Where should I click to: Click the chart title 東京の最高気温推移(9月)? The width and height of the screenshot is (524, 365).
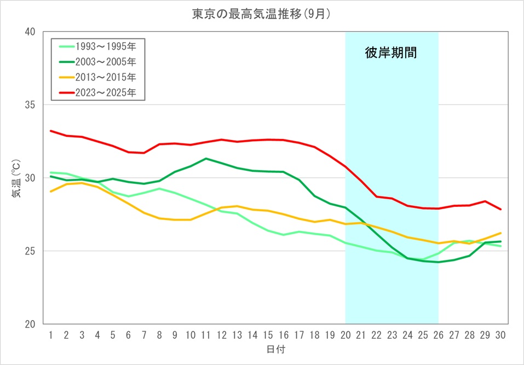[262, 15]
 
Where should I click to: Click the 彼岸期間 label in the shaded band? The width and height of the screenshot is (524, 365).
[391, 53]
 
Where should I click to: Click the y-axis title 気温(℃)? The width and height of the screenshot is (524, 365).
[17, 177]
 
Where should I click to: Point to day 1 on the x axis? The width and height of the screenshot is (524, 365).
[50, 334]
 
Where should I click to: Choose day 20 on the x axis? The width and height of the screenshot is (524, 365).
[346, 334]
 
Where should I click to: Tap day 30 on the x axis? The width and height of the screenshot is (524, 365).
[500, 334]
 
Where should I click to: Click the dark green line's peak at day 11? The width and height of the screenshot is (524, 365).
[205, 159]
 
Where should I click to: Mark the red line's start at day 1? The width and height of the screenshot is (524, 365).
[50, 131]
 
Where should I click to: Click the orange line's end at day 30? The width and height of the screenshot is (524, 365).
[500, 233]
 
